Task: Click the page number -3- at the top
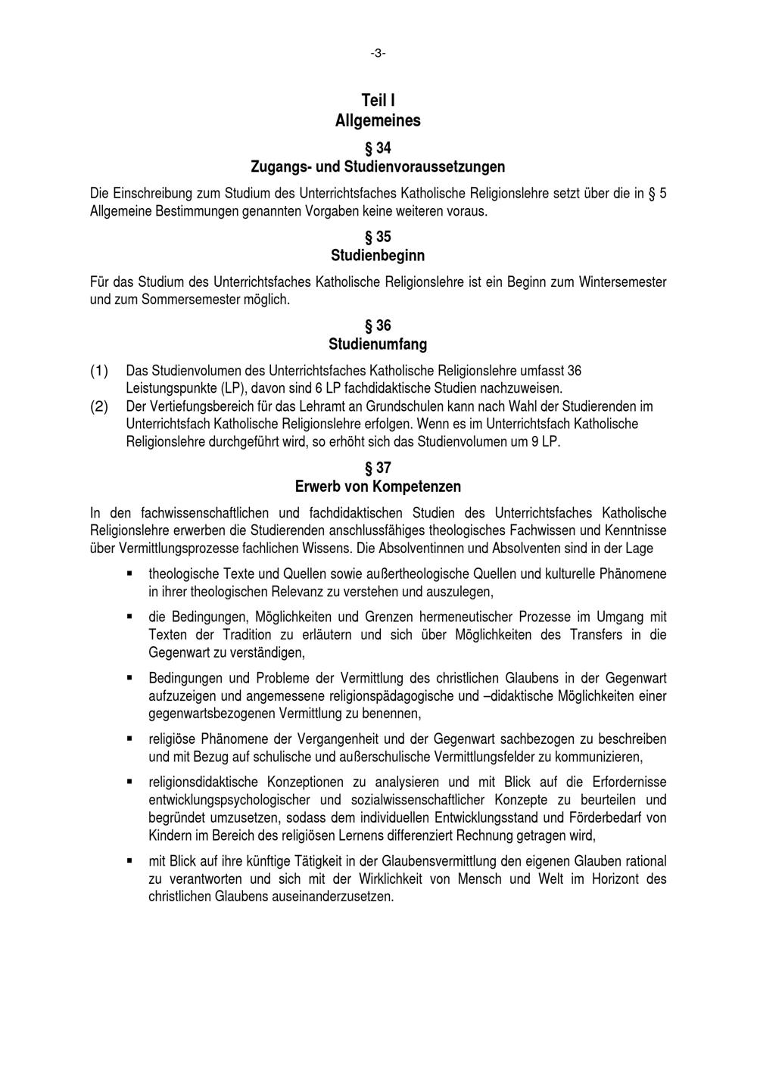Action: tap(378, 53)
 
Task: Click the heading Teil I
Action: tap(378, 101)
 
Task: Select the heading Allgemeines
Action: tap(378, 120)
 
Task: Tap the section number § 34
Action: tap(378, 148)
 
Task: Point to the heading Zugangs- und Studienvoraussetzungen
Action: tap(378, 166)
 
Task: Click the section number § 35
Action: tap(378, 237)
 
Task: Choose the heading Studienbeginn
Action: tap(378, 255)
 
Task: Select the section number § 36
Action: tap(378, 326)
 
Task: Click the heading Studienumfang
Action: tap(378, 344)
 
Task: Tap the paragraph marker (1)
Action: tap(99, 371)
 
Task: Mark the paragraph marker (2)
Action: tap(99, 406)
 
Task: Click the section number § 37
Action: tap(378, 468)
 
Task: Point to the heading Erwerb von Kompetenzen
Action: tap(378, 487)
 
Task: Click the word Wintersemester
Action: tap(623, 282)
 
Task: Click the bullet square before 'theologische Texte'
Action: tap(130, 574)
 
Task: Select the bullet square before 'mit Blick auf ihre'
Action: tap(130, 861)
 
